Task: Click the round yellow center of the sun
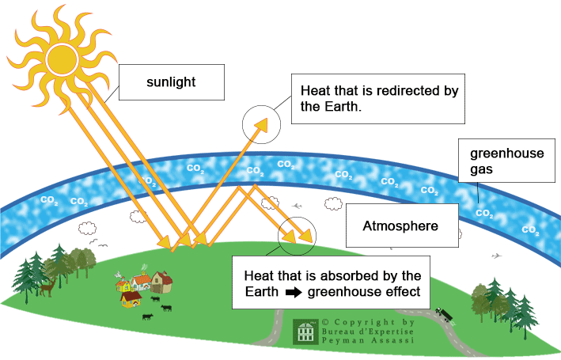pyautogui.click(x=62, y=59)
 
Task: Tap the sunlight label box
pyautogui.click(x=172, y=82)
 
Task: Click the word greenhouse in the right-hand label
pyautogui.click(x=507, y=153)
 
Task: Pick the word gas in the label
pyautogui.click(x=481, y=169)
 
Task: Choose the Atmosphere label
pyautogui.click(x=400, y=225)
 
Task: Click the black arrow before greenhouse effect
pyautogui.click(x=294, y=293)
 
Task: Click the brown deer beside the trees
pyautogui.click(x=47, y=288)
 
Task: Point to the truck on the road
pyautogui.click(x=444, y=314)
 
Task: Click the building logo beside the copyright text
pyautogui.click(x=305, y=332)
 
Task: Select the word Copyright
pyautogui.click(x=364, y=323)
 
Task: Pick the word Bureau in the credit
pyautogui.click(x=337, y=332)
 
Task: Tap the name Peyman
pyautogui.click(x=343, y=340)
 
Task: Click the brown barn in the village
pyautogui.click(x=161, y=282)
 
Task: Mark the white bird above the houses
pyautogui.click(x=118, y=275)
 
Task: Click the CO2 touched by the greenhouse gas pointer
pyautogui.click(x=484, y=214)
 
